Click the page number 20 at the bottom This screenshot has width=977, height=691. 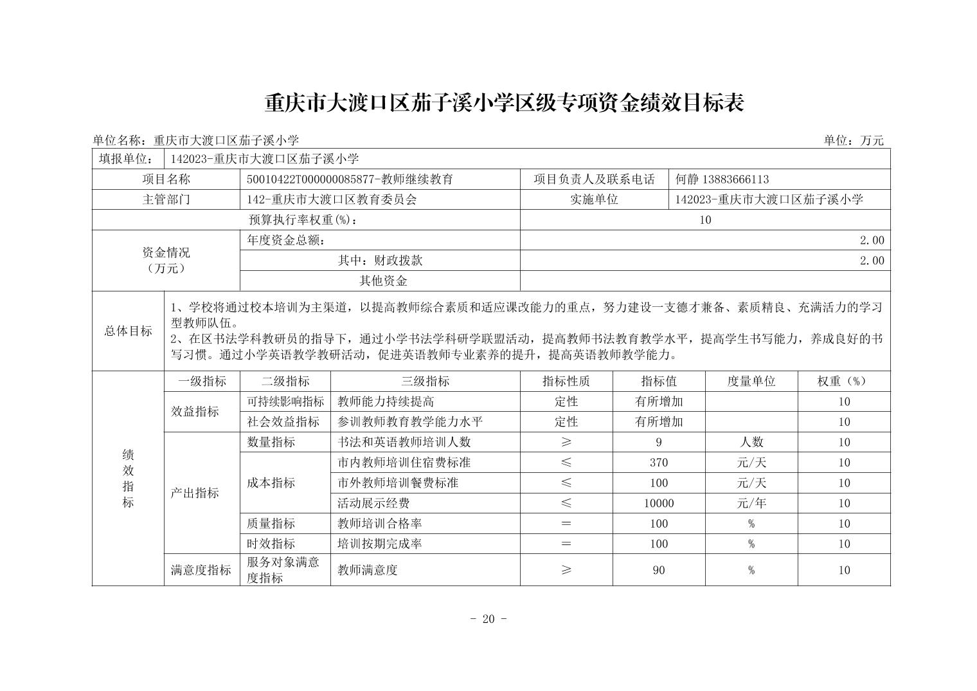pos(488,619)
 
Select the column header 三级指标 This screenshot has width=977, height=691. pos(425,381)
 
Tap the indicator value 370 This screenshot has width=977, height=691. pos(659,463)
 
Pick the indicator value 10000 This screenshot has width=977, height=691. pos(659,503)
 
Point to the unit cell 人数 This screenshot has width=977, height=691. pos(751,442)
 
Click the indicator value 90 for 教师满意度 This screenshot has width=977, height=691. pos(659,570)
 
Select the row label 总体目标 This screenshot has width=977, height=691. pos(129,331)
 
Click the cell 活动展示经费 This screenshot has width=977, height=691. pos(373,503)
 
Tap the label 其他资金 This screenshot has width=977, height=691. pos(383,281)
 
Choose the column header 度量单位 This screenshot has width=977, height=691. pos(751,381)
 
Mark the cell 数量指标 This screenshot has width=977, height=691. pos(271,442)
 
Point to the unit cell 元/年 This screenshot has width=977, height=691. pos(751,503)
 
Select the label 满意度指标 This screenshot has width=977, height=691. pos(201,570)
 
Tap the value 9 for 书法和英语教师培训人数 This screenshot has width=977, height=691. pos(659,442)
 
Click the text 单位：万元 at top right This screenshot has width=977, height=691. pos(854,140)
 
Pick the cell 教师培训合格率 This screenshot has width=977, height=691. pos(379,524)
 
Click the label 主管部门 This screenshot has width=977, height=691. pos(166,199)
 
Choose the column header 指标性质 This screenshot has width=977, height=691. pos(566,381)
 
